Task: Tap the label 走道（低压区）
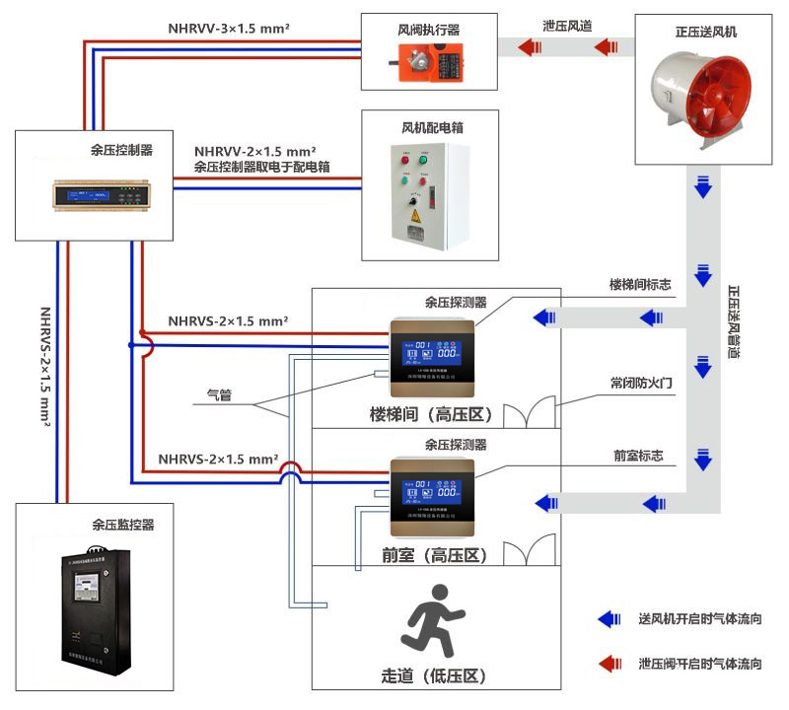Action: pyautogui.click(x=434, y=676)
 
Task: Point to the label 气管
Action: pyautogui.click(x=218, y=394)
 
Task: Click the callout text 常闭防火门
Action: pyautogui.click(x=642, y=379)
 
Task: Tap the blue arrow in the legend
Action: pyautogui.click(x=610, y=619)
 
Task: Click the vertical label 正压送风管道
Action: pyautogui.click(x=735, y=320)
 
